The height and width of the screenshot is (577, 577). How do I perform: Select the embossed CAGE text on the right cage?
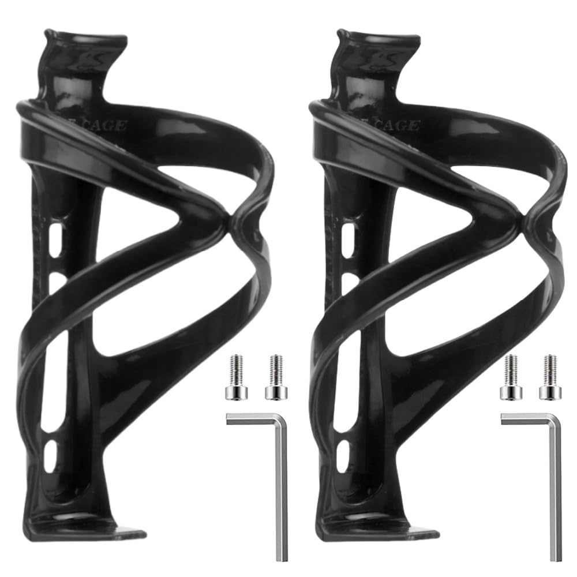pyautogui.click(x=396, y=125)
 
